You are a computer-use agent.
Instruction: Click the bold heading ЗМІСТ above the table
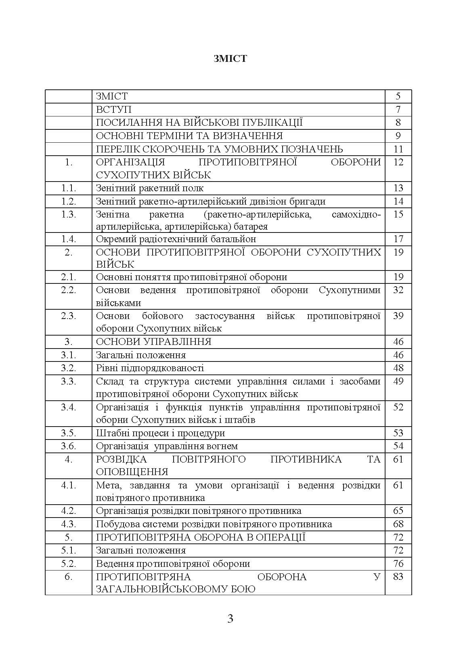click(230, 59)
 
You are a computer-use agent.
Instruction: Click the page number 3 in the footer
click(230, 619)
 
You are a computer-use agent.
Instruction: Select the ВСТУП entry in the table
click(114, 110)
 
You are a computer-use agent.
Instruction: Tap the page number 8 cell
click(398, 123)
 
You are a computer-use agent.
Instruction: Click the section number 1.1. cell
click(69, 188)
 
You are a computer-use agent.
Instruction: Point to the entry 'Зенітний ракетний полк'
click(150, 188)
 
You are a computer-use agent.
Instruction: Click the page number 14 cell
click(398, 201)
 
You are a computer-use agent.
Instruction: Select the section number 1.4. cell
click(69, 239)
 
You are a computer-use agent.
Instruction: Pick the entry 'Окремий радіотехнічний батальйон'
click(176, 239)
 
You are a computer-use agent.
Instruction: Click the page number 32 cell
click(398, 290)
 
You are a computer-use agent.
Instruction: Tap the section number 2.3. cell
click(69, 316)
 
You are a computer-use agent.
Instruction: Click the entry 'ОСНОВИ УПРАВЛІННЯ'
click(154, 342)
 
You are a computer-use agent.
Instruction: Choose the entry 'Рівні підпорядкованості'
click(150, 368)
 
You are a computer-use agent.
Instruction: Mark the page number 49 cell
click(398, 381)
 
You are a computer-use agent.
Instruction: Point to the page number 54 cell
click(398, 446)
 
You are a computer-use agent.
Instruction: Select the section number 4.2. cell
click(69, 511)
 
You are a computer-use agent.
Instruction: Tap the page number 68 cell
click(398, 524)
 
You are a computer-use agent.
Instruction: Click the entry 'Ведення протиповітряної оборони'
click(173, 564)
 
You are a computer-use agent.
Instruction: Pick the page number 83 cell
click(398, 577)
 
